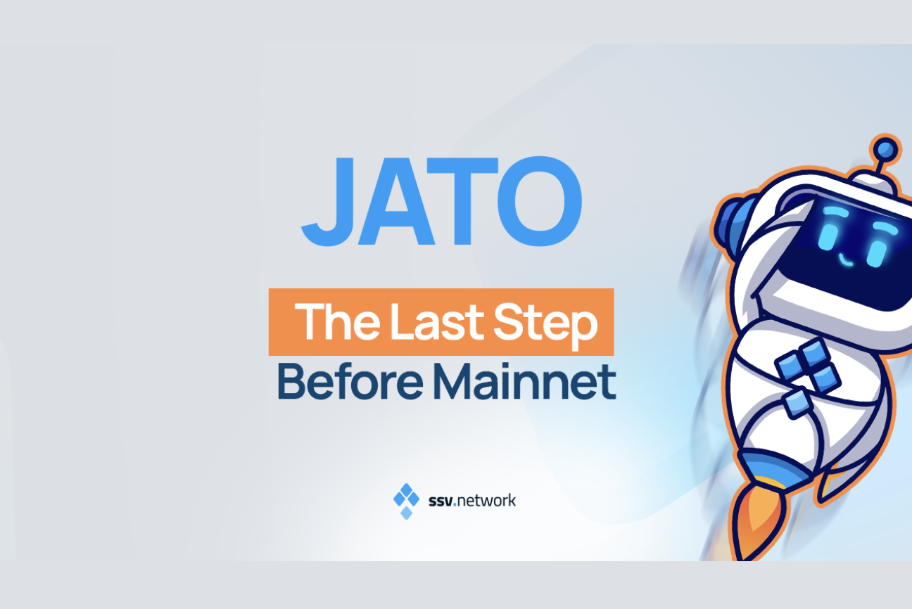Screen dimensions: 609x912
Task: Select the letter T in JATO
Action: [x=469, y=201]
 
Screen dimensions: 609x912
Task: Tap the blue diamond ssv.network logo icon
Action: [x=406, y=501]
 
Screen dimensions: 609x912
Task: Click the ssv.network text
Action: [x=472, y=501]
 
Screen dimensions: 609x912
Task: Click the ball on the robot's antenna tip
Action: [x=885, y=149]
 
